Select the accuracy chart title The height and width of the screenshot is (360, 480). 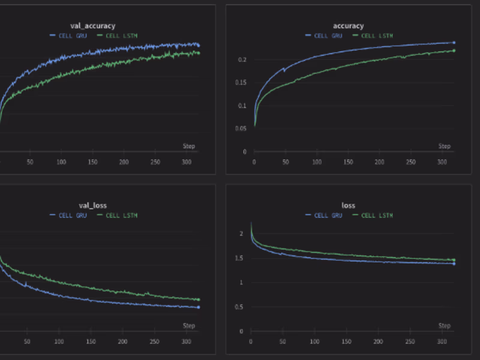coord(348,26)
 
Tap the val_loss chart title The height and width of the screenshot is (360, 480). coord(92,205)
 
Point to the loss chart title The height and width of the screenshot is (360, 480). coord(349,205)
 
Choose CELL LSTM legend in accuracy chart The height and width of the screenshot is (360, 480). coord(376,35)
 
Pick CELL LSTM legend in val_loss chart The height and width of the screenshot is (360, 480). coord(121,215)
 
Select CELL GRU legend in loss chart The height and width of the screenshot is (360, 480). coord(326,215)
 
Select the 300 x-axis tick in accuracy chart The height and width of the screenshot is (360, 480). coord(442,163)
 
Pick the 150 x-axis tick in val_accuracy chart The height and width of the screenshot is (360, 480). coord(92,163)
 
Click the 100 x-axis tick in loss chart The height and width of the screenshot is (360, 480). coord(314,342)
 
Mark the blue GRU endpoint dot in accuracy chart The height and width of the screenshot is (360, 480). coord(454,43)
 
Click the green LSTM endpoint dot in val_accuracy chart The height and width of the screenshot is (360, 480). coord(199,53)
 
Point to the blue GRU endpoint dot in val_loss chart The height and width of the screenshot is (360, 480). coord(199,307)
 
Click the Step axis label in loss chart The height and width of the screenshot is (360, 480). coord(444,326)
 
